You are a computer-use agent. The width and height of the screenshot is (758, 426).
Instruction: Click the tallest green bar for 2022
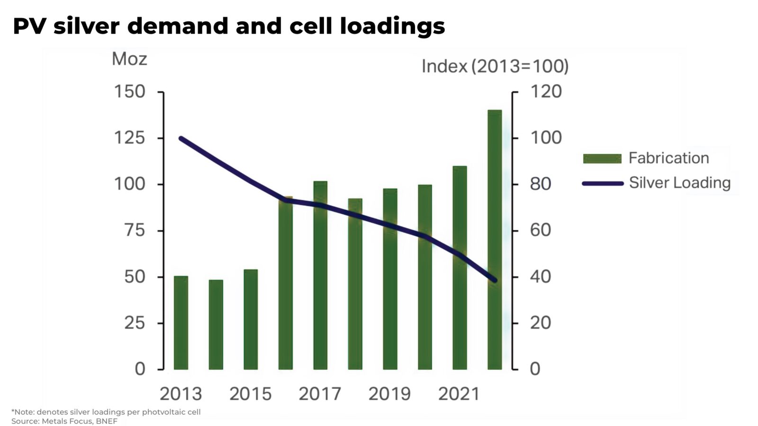495,239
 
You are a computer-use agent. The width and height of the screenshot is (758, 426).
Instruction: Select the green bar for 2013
180,322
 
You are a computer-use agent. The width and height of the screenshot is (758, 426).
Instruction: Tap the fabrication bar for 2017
320,275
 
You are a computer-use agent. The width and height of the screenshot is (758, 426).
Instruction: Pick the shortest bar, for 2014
216,325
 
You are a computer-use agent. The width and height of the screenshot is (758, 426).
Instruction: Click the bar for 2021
460,268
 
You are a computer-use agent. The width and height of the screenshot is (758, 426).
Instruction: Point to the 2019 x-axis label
389,394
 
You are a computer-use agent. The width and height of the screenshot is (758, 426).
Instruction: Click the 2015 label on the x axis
250,394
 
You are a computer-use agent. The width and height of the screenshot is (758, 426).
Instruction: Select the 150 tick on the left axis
129,91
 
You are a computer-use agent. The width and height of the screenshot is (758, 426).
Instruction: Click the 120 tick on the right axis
546,91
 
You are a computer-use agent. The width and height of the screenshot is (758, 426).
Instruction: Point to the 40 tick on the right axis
541,276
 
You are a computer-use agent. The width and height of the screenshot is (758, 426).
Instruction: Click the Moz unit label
129,59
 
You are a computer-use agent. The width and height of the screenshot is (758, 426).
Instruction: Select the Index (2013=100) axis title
495,66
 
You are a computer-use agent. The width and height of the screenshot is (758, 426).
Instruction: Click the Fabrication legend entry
668,158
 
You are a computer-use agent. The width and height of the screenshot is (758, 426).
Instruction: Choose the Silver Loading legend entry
679,183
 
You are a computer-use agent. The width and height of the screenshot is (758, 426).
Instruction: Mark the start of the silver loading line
181,138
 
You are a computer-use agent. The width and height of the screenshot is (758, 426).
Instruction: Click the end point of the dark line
495,281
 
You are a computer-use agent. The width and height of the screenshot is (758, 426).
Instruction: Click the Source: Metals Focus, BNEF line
64,421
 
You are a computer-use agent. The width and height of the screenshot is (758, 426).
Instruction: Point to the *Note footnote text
106,412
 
